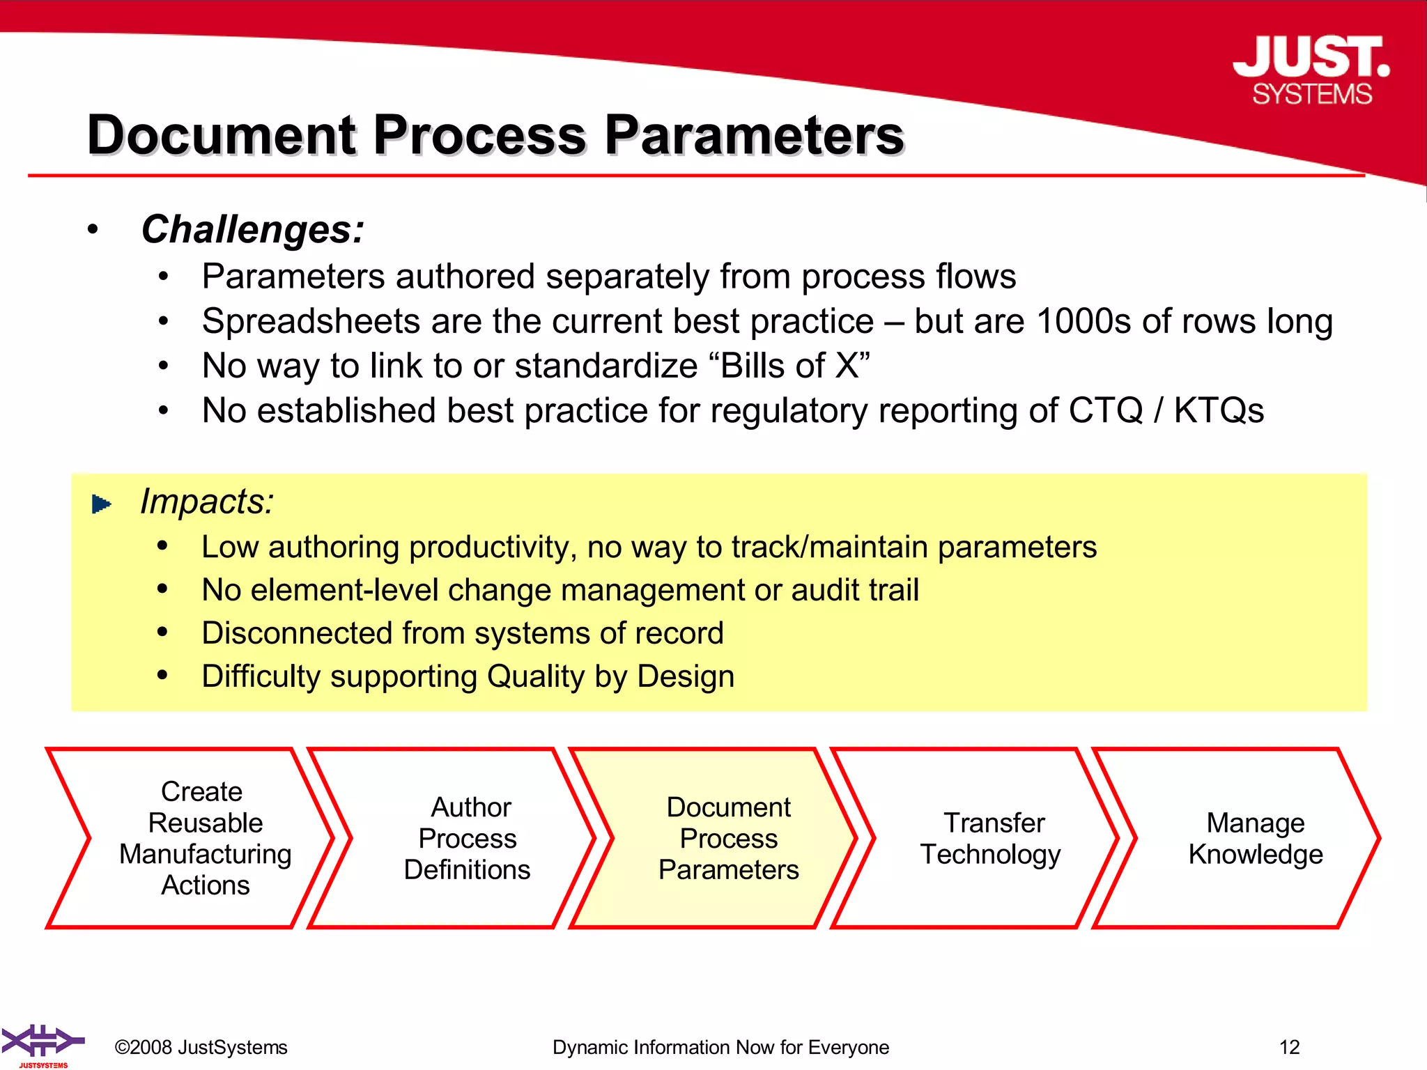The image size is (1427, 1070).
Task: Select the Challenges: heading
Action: (252, 229)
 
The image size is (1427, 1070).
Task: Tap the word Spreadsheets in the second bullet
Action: (310, 322)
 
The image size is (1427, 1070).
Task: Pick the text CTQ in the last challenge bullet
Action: (1105, 410)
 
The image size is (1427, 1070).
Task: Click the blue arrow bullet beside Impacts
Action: (102, 504)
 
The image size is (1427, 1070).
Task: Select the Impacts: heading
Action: (207, 502)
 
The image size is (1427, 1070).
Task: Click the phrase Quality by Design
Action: (610, 676)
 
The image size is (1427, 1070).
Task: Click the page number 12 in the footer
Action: (1289, 1047)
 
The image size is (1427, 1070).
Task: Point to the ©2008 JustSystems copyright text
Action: (201, 1047)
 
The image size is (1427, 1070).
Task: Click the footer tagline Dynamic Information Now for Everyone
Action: (720, 1047)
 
